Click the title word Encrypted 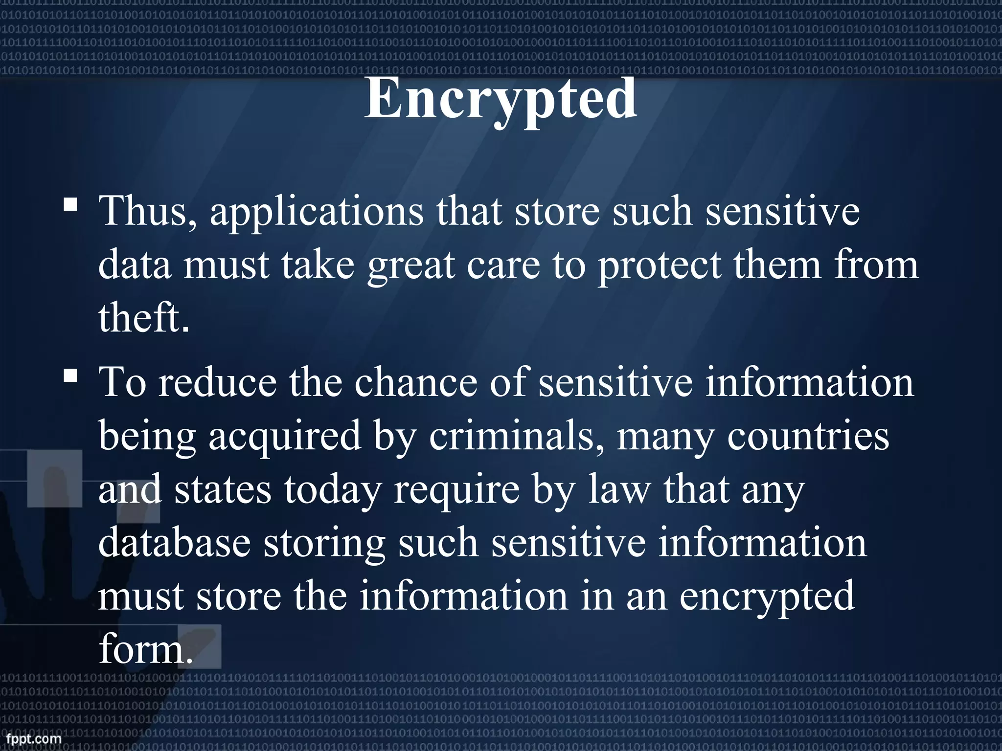click(x=501, y=100)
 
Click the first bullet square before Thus click(x=70, y=204)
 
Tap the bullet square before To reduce click(x=70, y=375)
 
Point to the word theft click(x=143, y=318)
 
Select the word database click(x=174, y=543)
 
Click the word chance click(x=415, y=382)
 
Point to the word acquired click(x=285, y=437)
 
